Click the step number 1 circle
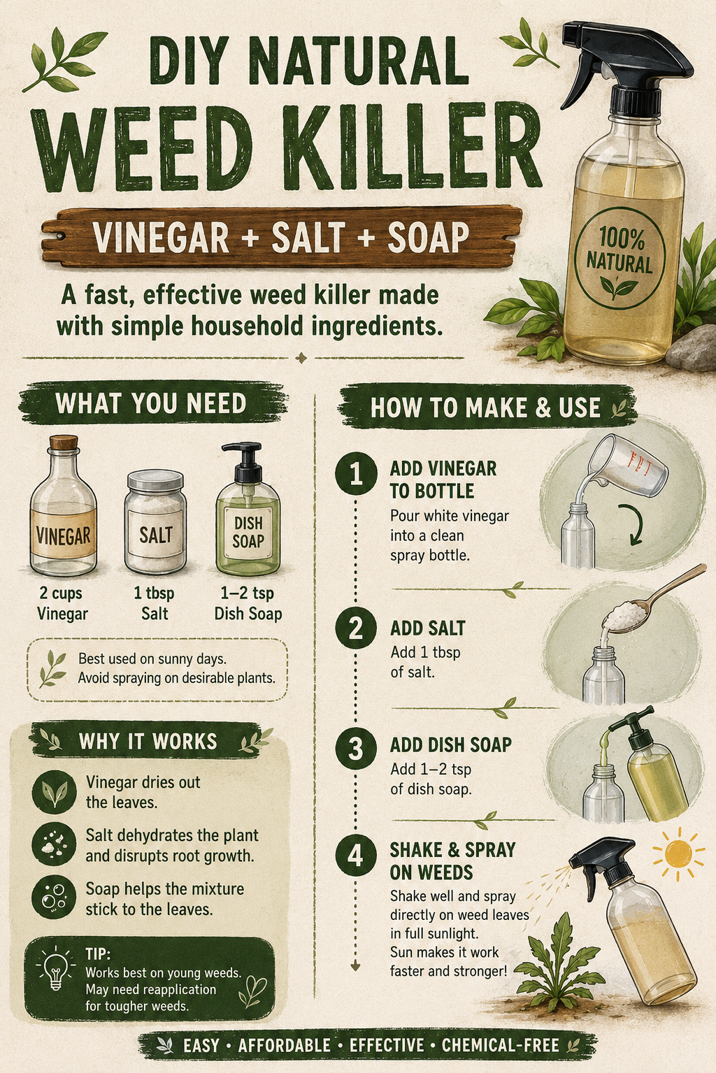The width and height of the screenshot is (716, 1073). pos(356,473)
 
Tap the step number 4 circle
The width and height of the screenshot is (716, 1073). pos(356,856)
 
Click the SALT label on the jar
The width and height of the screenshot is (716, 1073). pos(155,534)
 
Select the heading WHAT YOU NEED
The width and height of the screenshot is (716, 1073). pos(151,403)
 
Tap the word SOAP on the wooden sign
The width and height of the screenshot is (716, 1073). pos(428,237)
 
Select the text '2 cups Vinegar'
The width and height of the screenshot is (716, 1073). pos(62,603)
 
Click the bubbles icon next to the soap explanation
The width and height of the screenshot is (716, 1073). pos(54,898)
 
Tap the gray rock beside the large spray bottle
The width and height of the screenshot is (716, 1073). pos(692,348)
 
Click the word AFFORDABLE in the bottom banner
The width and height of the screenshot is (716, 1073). pos(284,1045)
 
